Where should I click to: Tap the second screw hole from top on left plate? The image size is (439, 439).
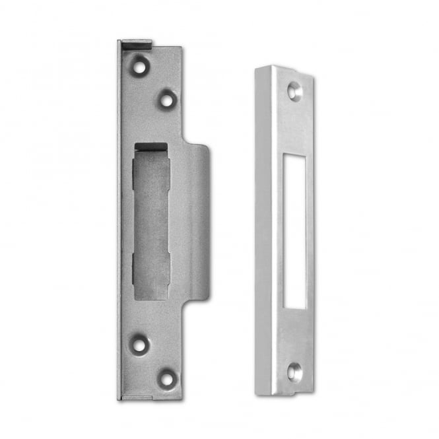166,100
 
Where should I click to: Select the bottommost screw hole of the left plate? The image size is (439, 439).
166,379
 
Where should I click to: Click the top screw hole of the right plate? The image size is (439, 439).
294,92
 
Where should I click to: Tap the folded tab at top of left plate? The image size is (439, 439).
135,44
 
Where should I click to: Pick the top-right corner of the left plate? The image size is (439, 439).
181,48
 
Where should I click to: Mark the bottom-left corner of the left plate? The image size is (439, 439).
119,399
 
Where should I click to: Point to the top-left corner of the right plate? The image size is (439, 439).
257,66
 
